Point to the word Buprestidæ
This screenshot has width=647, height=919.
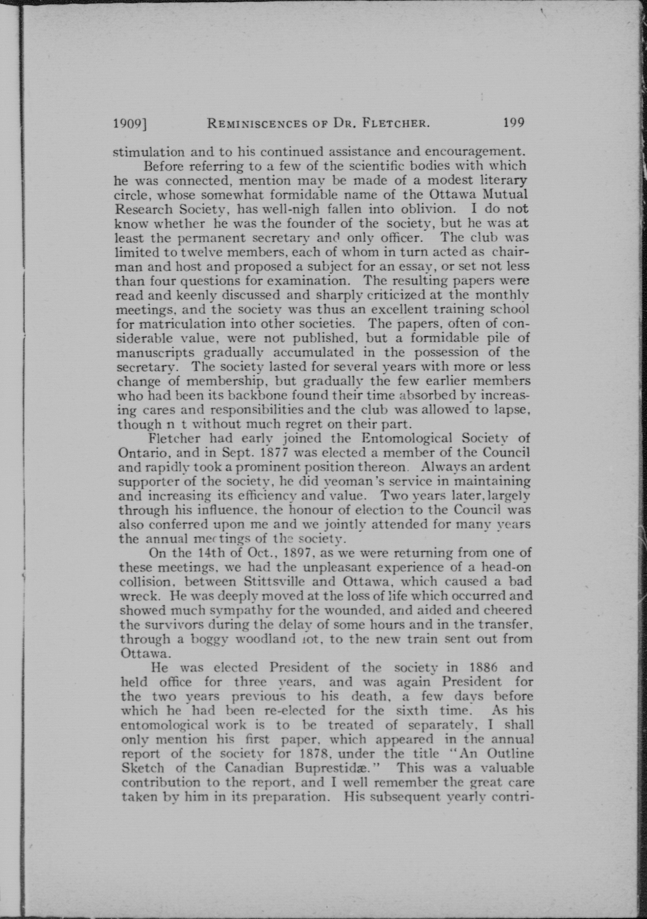coord(335,768)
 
